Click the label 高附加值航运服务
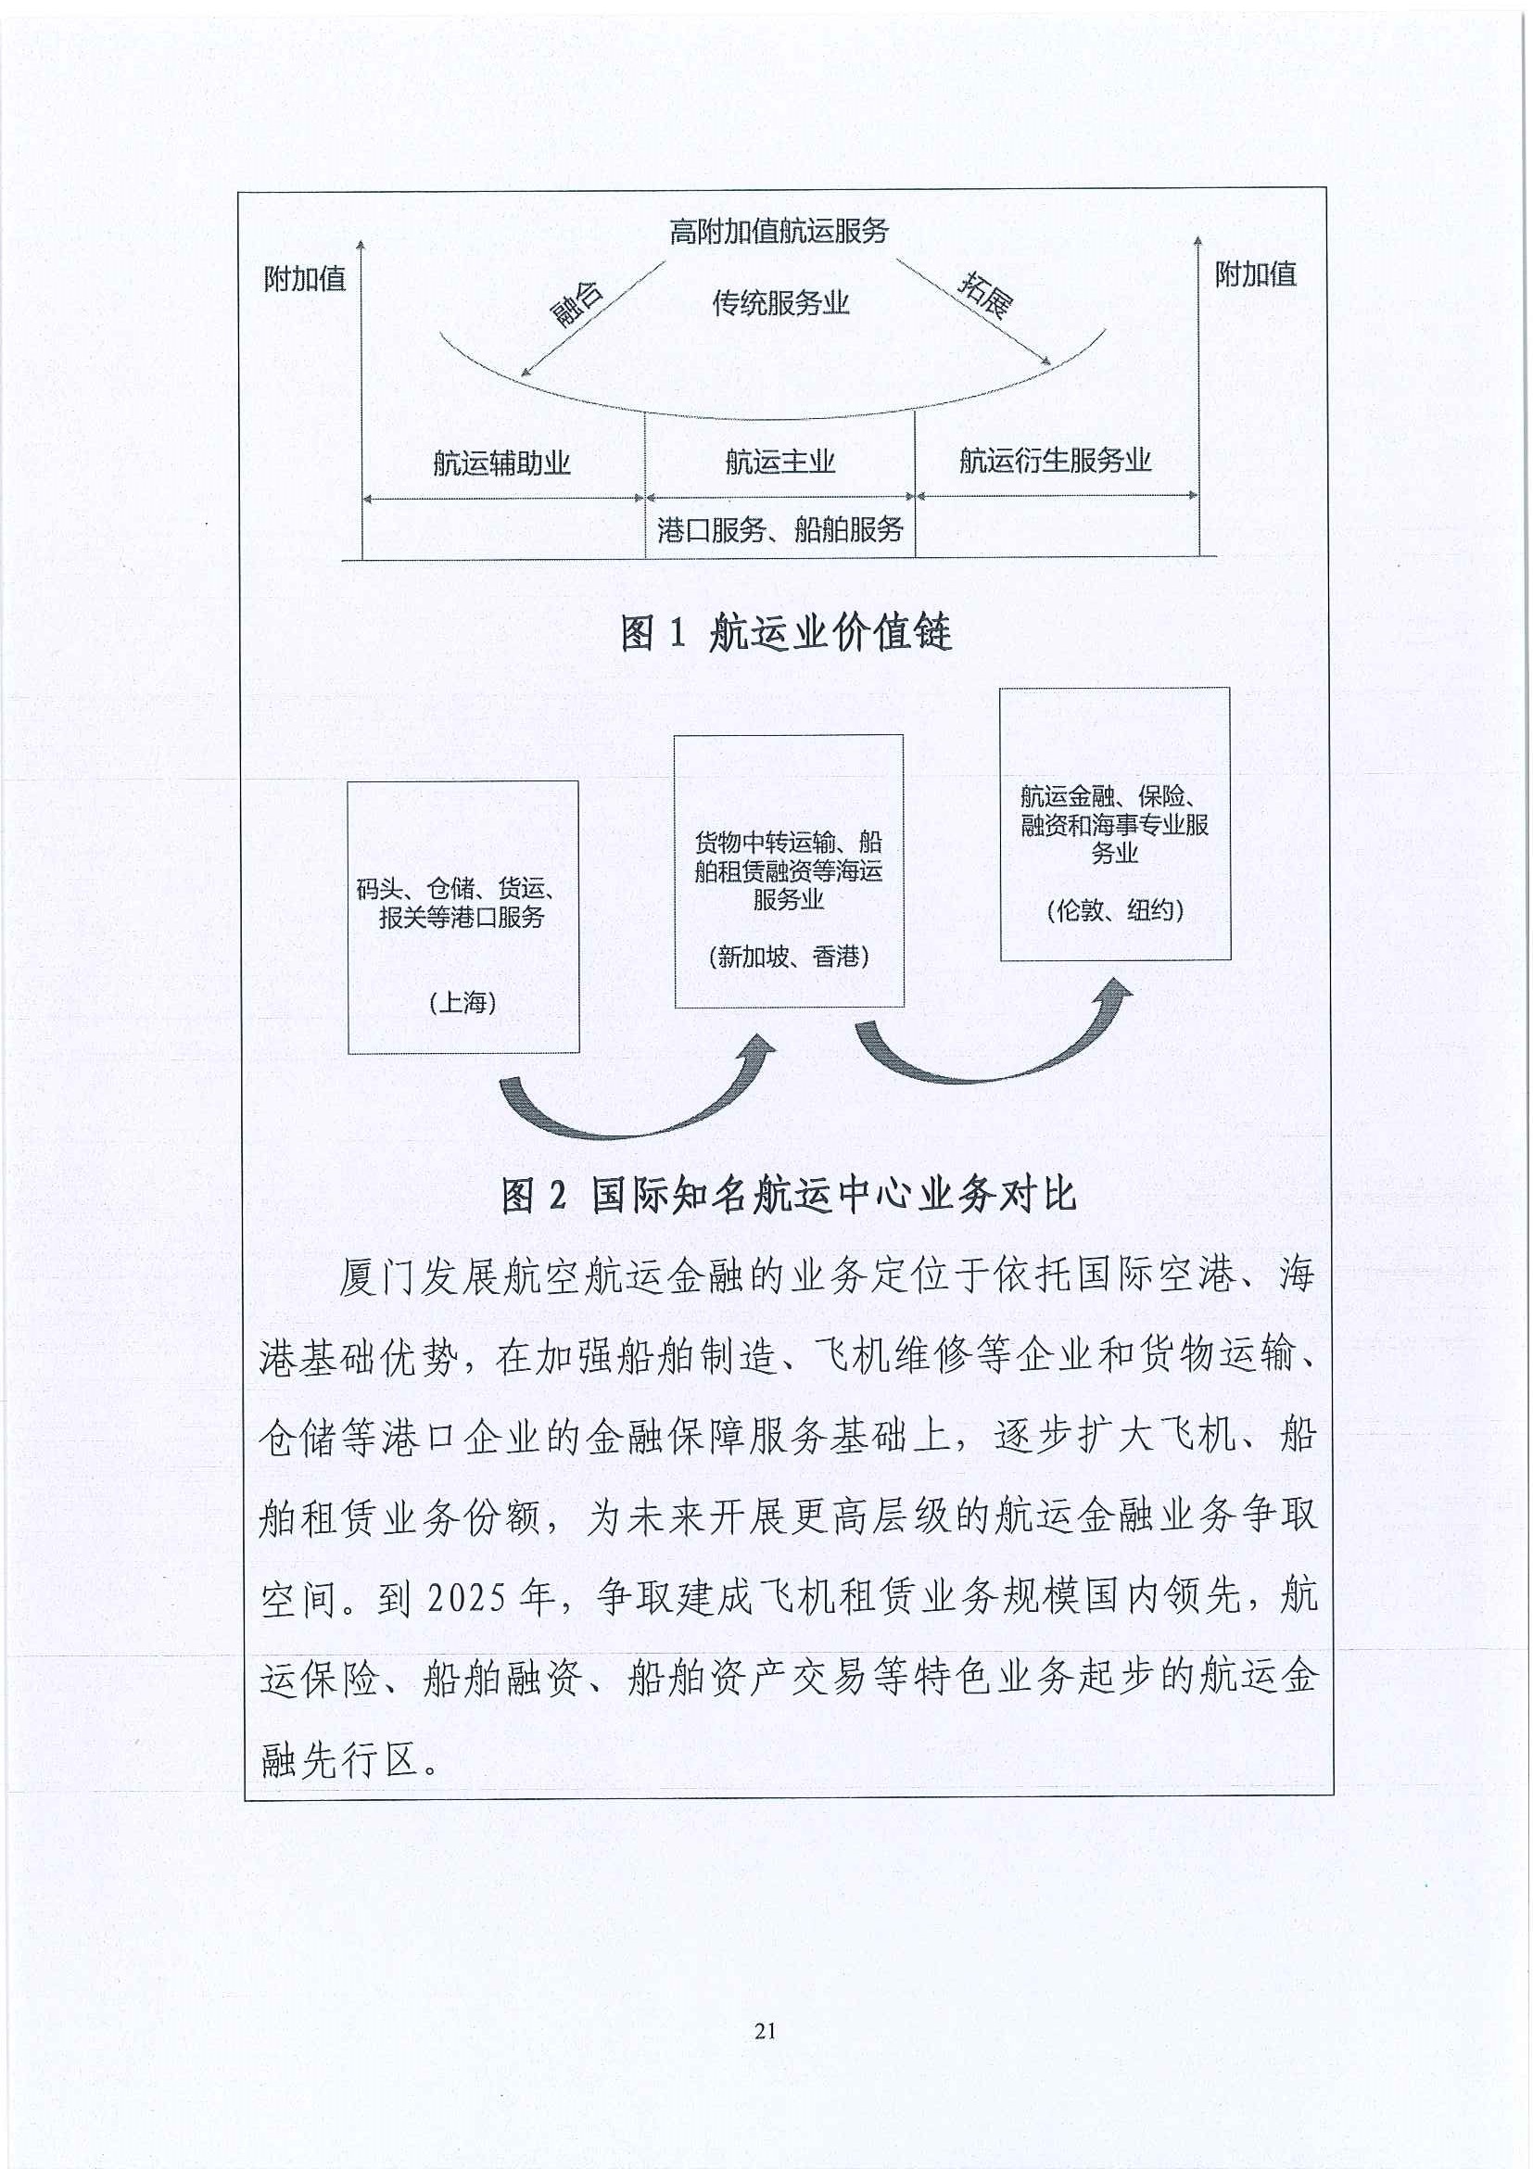779,232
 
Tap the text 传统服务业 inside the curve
780,303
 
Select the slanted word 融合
577,304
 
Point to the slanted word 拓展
986,294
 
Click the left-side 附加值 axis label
305,279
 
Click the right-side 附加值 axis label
1255,275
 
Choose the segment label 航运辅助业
501,463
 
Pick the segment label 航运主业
780,462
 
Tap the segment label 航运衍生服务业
1055,460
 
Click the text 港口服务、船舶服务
780,530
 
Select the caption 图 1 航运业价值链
786,632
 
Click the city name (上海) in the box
462,1001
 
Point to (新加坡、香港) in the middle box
789,956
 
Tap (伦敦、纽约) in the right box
1116,909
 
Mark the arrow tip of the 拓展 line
1051,363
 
